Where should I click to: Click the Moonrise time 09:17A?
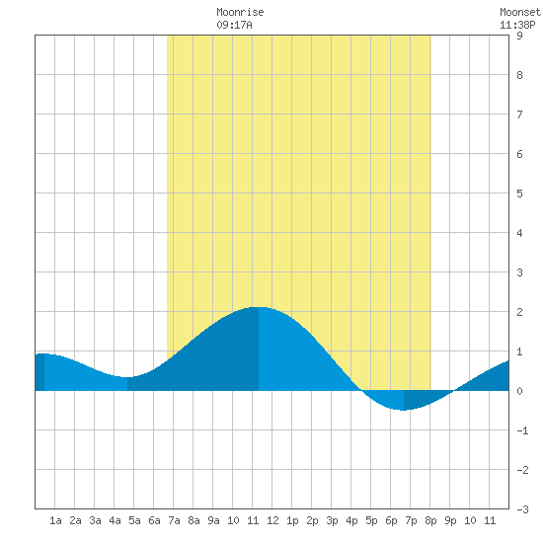(x=234, y=25)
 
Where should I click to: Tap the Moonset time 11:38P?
(x=517, y=25)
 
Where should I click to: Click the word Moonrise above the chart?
(x=240, y=12)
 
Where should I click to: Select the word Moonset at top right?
(x=520, y=12)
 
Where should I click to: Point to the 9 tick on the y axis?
(x=519, y=36)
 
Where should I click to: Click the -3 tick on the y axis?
(x=522, y=509)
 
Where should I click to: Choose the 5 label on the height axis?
(x=519, y=194)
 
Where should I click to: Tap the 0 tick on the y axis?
(x=519, y=391)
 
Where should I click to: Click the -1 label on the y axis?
(x=522, y=430)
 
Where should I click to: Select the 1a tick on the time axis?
(x=55, y=520)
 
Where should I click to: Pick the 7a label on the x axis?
(x=174, y=520)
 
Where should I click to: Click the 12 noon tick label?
(x=272, y=520)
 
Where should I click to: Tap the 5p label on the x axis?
(x=371, y=520)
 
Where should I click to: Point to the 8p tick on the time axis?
(x=430, y=520)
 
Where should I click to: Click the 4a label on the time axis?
(x=115, y=520)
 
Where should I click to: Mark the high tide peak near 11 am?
(x=259, y=307)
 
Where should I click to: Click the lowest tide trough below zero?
(x=404, y=410)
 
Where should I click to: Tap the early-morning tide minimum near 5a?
(x=127, y=377)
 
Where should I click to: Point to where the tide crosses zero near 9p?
(x=454, y=391)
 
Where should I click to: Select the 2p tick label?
(x=312, y=520)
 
